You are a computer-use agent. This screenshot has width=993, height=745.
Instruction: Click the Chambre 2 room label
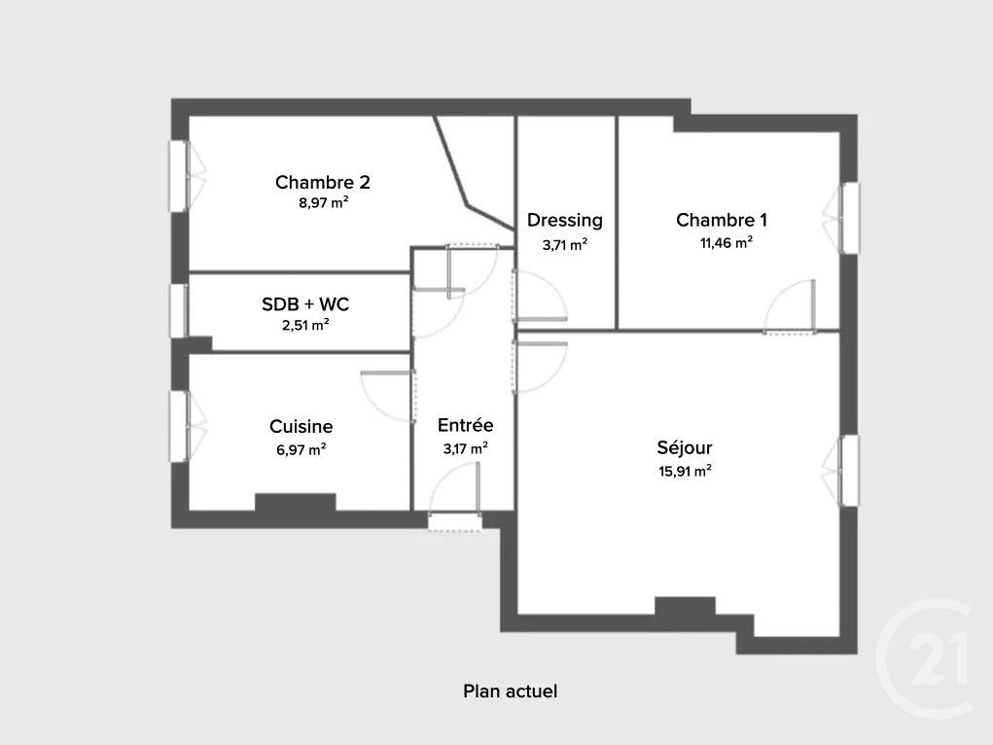[x=322, y=182]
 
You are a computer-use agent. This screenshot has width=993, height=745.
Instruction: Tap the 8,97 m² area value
[x=324, y=203]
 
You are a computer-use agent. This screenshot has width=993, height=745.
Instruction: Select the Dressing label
[x=565, y=221]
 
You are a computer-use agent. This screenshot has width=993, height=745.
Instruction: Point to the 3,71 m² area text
[x=565, y=244]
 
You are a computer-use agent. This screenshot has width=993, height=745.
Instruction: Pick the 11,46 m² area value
[x=726, y=243]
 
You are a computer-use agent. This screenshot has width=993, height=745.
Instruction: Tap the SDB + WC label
[x=305, y=303]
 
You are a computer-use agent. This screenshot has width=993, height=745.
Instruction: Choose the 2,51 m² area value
[x=305, y=325]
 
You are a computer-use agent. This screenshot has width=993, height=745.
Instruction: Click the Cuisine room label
[x=301, y=426]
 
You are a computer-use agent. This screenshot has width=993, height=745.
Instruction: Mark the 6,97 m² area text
[x=301, y=449]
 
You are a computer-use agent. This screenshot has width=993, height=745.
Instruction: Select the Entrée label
[x=465, y=425]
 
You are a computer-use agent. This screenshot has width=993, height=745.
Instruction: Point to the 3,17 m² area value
[x=465, y=448]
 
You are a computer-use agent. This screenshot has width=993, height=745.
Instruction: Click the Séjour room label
[x=685, y=448]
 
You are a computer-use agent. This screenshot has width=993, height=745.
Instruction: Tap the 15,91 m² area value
[x=685, y=472]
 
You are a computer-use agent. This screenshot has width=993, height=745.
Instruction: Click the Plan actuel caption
[x=510, y=692]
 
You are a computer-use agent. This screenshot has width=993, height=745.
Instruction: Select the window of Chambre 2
[x=180, y=175]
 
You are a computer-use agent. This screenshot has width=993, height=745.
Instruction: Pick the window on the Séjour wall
[x=849, y=471]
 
